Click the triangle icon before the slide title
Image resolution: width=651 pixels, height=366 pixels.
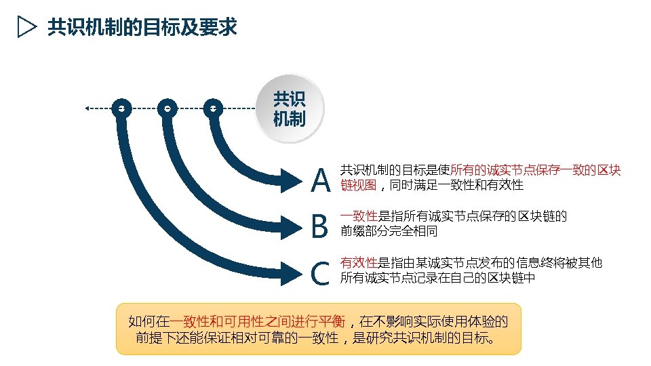[x=26, y=28]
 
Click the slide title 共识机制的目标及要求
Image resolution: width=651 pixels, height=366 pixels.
[x=142, y=28]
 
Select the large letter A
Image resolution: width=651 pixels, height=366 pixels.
[x=320, y=180]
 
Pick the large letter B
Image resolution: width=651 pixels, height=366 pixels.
[x=319, y=226]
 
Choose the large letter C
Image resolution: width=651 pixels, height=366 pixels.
[x=320, y=273]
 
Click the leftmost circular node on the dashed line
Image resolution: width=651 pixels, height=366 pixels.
[x=121, y=108]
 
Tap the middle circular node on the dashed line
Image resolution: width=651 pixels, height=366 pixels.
[x=167, y=108]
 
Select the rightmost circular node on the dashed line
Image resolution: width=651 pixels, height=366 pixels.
[x=213, y=108]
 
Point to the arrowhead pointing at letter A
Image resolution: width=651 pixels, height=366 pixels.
[x=293, y=180]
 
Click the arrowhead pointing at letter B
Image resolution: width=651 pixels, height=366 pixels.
[x=293, y=226]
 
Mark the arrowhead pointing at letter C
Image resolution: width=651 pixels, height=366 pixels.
[x=293, y=272]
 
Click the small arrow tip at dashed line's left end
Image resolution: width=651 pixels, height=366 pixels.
[x=87, y=108]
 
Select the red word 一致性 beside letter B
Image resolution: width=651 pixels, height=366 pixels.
[x=359, y=216]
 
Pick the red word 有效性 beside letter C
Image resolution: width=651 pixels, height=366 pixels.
[x=359, y=263]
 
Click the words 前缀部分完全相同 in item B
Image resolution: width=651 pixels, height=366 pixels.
[x=389, y=231]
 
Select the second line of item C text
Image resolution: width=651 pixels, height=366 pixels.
[x=437, y=278]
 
